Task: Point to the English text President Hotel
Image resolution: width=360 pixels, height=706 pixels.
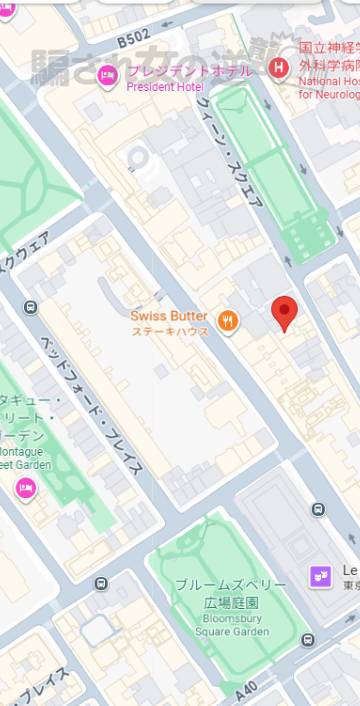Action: point(164,86)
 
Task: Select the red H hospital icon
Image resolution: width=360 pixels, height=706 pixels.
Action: point(280,67)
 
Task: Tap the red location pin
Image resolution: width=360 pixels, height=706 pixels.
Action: point(285,313)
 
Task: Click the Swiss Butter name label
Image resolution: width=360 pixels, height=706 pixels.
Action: point(169,316)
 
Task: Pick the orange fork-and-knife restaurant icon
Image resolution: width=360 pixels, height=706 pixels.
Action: point(229,321)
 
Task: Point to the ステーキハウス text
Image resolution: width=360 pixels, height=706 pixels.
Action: point(170,331)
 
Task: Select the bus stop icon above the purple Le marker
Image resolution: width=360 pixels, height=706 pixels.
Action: point(318,509)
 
